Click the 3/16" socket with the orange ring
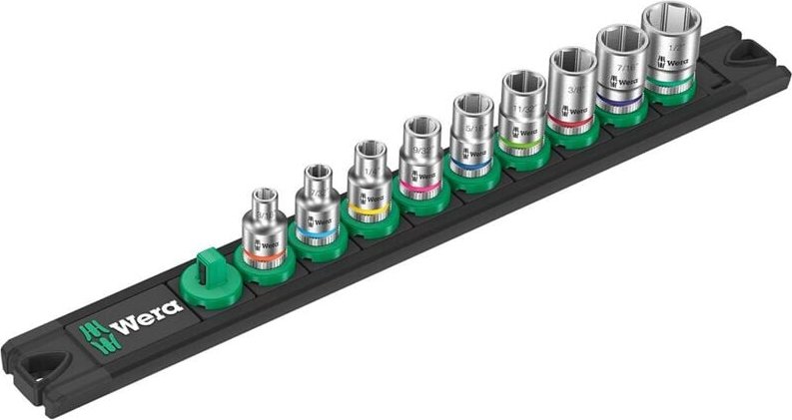point(265,224)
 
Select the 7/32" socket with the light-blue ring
point(318,202)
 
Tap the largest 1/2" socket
point(670,45)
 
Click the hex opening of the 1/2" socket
point(671,18)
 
